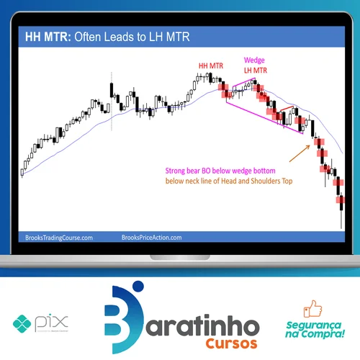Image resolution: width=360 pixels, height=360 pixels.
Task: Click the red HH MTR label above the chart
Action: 211,66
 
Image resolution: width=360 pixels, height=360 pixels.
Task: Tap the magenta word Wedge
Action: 254,60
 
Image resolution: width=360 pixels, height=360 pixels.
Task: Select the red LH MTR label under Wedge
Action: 256,71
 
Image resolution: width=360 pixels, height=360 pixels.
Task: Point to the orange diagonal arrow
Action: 300,153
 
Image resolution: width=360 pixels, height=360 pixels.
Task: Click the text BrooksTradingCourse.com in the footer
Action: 59,238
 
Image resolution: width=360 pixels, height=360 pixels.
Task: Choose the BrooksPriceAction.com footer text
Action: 151,238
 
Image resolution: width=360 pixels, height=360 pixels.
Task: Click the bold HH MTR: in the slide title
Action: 48,37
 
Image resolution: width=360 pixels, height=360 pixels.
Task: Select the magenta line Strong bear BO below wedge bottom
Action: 220,171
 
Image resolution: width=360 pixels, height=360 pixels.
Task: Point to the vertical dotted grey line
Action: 112,102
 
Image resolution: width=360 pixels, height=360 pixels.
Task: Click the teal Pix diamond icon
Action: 22,323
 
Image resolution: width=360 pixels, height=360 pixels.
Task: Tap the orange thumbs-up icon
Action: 312,309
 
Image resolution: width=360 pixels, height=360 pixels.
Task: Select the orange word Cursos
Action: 231,343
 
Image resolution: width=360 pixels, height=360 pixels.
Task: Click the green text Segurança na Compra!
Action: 315,329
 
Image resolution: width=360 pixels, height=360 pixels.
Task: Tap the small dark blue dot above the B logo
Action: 138,287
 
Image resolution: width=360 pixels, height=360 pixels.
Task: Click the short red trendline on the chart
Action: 287,108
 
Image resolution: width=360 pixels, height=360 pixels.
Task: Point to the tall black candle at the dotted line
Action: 112,90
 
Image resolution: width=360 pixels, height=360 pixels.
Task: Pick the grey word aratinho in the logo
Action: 203,325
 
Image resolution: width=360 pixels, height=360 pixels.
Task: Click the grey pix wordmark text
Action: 51,322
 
